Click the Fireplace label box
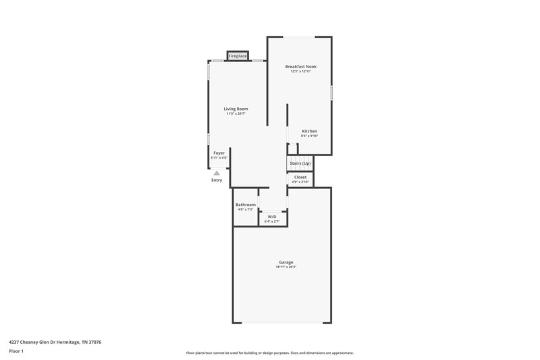[x=237, y=55]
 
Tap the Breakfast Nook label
[x=300, y=67]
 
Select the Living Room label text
[x=236, y=109]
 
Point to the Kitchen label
[x=309, y=131]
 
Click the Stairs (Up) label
[x=300, y=163]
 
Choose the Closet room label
[x=300, y=177]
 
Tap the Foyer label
[x=219, y=153]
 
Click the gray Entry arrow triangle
[x=217, y=173]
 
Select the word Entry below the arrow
[x=217, y=180]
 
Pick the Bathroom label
[x=245, y=205]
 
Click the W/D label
[x=272, y=217]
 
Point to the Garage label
[x=286, y=262]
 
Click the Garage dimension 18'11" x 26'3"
[x=286, y=267]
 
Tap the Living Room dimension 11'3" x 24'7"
[x=236, y=113]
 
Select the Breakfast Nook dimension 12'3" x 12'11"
[x=300, y=72]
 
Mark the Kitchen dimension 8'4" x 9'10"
[x=309, y=136]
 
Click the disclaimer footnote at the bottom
[x=269, y=353]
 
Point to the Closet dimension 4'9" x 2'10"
[x=300, y=182]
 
